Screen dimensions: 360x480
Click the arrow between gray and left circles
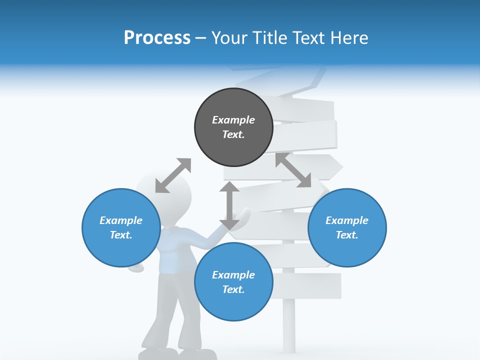[173, 175]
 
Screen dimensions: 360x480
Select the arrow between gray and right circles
[293, 170]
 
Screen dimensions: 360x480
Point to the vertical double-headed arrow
[229, 205]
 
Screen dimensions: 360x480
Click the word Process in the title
[157, 37]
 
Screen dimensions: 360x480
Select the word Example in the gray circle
[233, 120]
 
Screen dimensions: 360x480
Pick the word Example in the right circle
[347, 220]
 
